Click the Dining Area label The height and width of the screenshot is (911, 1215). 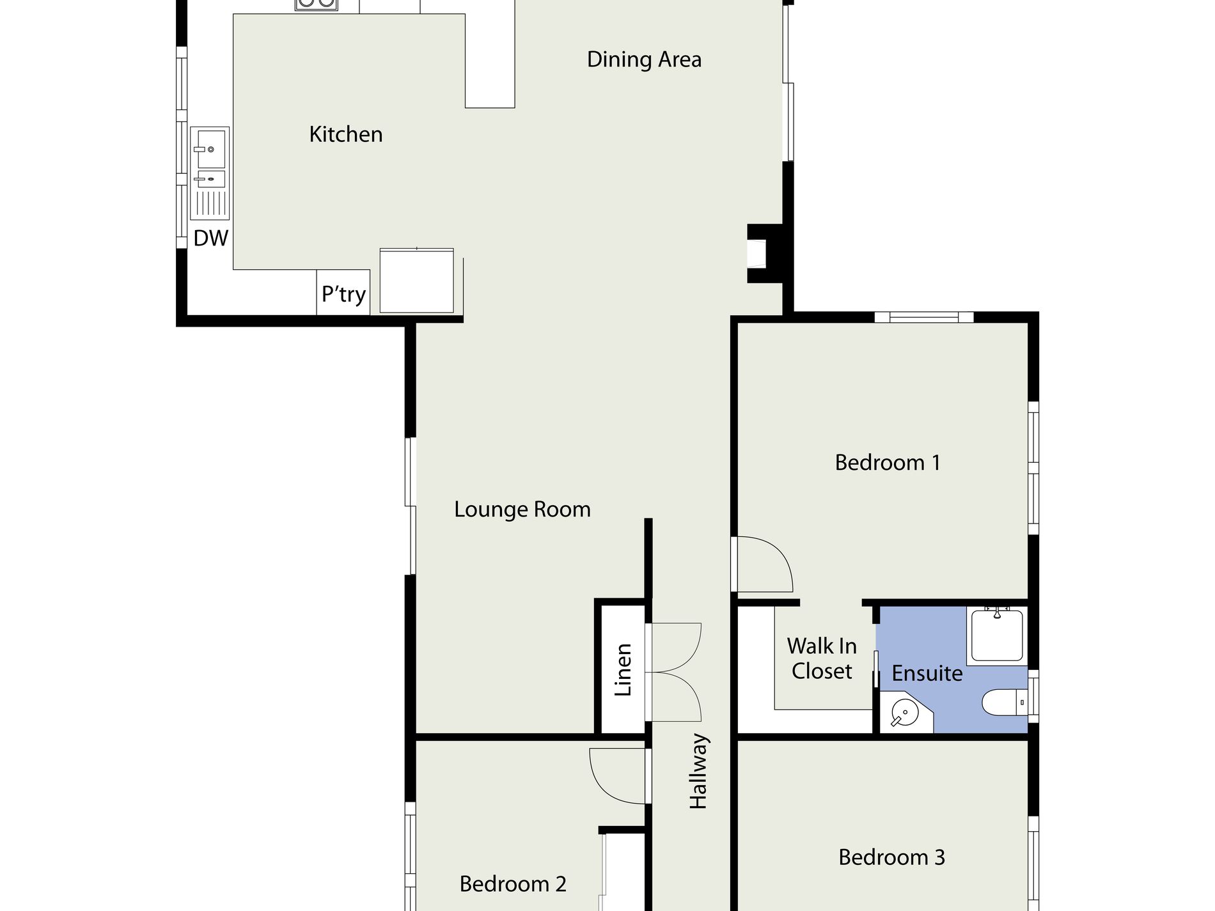tap(644, 59)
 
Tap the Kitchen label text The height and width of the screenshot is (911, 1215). tap(346, 134)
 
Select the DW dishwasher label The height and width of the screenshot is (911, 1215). tap(211, 238)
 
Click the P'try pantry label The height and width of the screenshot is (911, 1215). tap(343, 294)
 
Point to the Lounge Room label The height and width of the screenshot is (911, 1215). tap(522, 510)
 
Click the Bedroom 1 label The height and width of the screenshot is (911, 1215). tap(888, 462)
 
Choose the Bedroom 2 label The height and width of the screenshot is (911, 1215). tap(513, 884)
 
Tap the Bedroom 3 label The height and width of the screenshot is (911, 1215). tap(891, 857)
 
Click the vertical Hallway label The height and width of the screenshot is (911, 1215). tap(698, 771)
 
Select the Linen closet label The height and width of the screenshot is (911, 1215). tap(623, 669)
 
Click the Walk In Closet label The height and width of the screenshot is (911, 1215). tap(822, 658)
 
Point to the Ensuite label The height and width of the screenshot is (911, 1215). tap(927, 673)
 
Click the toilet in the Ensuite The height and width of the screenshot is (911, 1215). tap(1004, 702)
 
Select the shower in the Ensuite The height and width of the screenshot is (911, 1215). tap(997, 635)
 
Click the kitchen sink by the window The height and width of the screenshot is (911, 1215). tap(210, 173)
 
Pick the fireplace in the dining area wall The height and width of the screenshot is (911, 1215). tap(766, 253)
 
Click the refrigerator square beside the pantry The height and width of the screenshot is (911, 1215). tap(416, 281)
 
